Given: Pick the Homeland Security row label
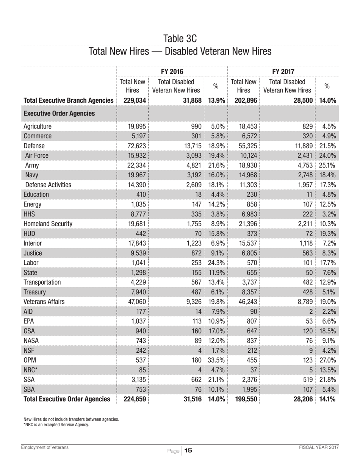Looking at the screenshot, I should coord(48,224).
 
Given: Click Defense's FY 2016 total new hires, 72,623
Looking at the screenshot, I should coord(136,145).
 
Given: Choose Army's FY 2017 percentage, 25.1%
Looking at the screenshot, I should coord(327,165).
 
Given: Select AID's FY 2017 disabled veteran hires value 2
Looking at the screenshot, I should coord(310,311).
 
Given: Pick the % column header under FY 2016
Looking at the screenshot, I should coord(216,86).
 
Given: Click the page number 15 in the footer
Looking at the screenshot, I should coord(188,450).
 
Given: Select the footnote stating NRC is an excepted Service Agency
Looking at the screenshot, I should coord(56,425).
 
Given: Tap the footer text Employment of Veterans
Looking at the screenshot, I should coord(45,447).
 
